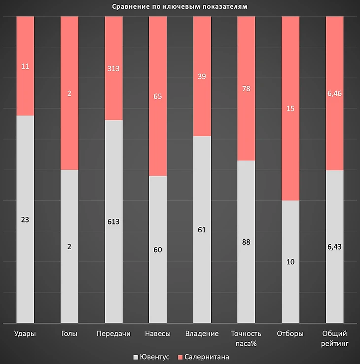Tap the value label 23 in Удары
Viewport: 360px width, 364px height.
[x=25, y=219]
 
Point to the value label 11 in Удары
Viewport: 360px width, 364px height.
[x=25, y=66]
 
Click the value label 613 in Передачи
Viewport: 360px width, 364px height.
[x=113, y=221]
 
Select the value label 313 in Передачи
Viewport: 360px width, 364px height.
[x=113, y=68]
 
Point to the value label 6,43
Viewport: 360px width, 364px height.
[x=334, y=247]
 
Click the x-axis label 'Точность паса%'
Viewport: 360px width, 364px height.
[x=246, y=338]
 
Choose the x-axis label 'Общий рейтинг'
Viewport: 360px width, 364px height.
[x=334, y=338]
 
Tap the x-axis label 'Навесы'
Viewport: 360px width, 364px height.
[x=158, y=334]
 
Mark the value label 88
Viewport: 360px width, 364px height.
[x=246, y=242]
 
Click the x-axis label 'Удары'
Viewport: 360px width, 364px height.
[x=25, y=334]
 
